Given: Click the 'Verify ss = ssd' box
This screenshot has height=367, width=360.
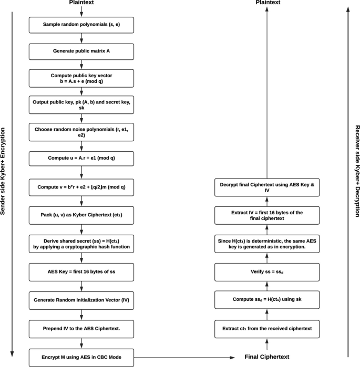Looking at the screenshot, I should pos(268,272).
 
